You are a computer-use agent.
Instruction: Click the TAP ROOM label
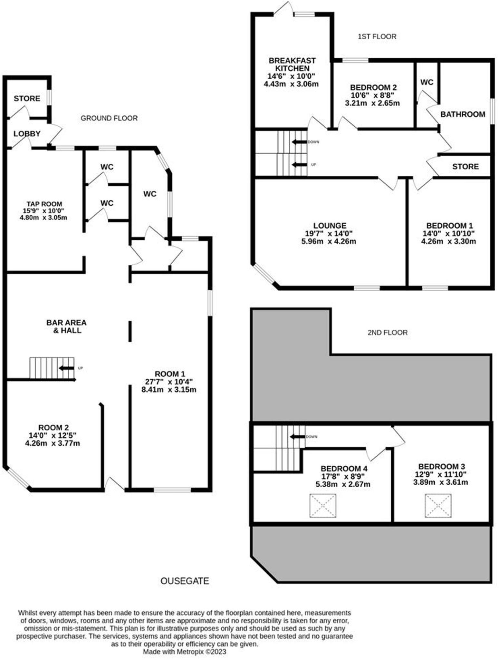pos(44,204)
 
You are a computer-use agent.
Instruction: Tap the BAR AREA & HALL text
pos(66,326)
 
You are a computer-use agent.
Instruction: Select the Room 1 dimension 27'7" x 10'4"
pos(169,382)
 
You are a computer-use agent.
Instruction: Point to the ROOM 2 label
pos(53,427)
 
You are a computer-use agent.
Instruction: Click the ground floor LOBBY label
pos(27,133)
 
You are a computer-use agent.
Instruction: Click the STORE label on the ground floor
pos(27,98)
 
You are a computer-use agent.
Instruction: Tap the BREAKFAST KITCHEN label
pos(292,64)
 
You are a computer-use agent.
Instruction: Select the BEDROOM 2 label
pos(373,87)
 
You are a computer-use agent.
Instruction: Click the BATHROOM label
pos(463,114)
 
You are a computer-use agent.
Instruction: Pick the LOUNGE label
pos(330,225)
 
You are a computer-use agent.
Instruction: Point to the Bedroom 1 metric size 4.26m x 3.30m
pos(448,241)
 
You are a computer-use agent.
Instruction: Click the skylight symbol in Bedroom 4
pos(322,506)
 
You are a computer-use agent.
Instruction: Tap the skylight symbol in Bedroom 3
pos(438,506)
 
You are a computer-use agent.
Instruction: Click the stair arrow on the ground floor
pos(66,368)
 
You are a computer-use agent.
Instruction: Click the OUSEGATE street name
pos(185,581)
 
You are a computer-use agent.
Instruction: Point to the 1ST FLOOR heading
pos(377,36)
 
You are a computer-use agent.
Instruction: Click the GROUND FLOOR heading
pos(109,118)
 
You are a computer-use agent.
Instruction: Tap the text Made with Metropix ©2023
pos(185,651)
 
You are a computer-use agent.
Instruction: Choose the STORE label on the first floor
pos(465,166)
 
